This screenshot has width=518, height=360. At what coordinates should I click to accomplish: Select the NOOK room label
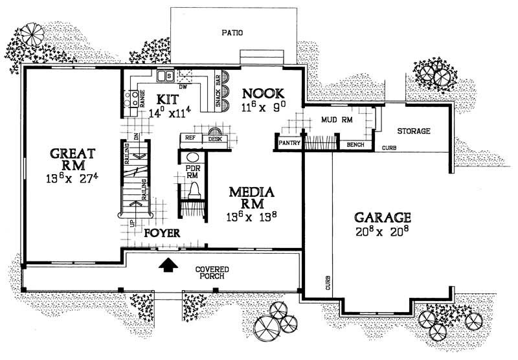(261, 93)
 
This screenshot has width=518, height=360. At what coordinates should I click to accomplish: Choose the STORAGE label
(414, 131)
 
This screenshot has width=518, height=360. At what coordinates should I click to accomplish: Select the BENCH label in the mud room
(355, 144)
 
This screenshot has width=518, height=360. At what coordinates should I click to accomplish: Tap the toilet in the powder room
(193, 190)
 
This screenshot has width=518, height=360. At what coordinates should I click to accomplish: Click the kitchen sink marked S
(168, 76)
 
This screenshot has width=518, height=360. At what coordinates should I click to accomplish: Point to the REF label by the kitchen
(190, 138)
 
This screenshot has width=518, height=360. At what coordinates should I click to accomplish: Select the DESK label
(214, 139)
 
